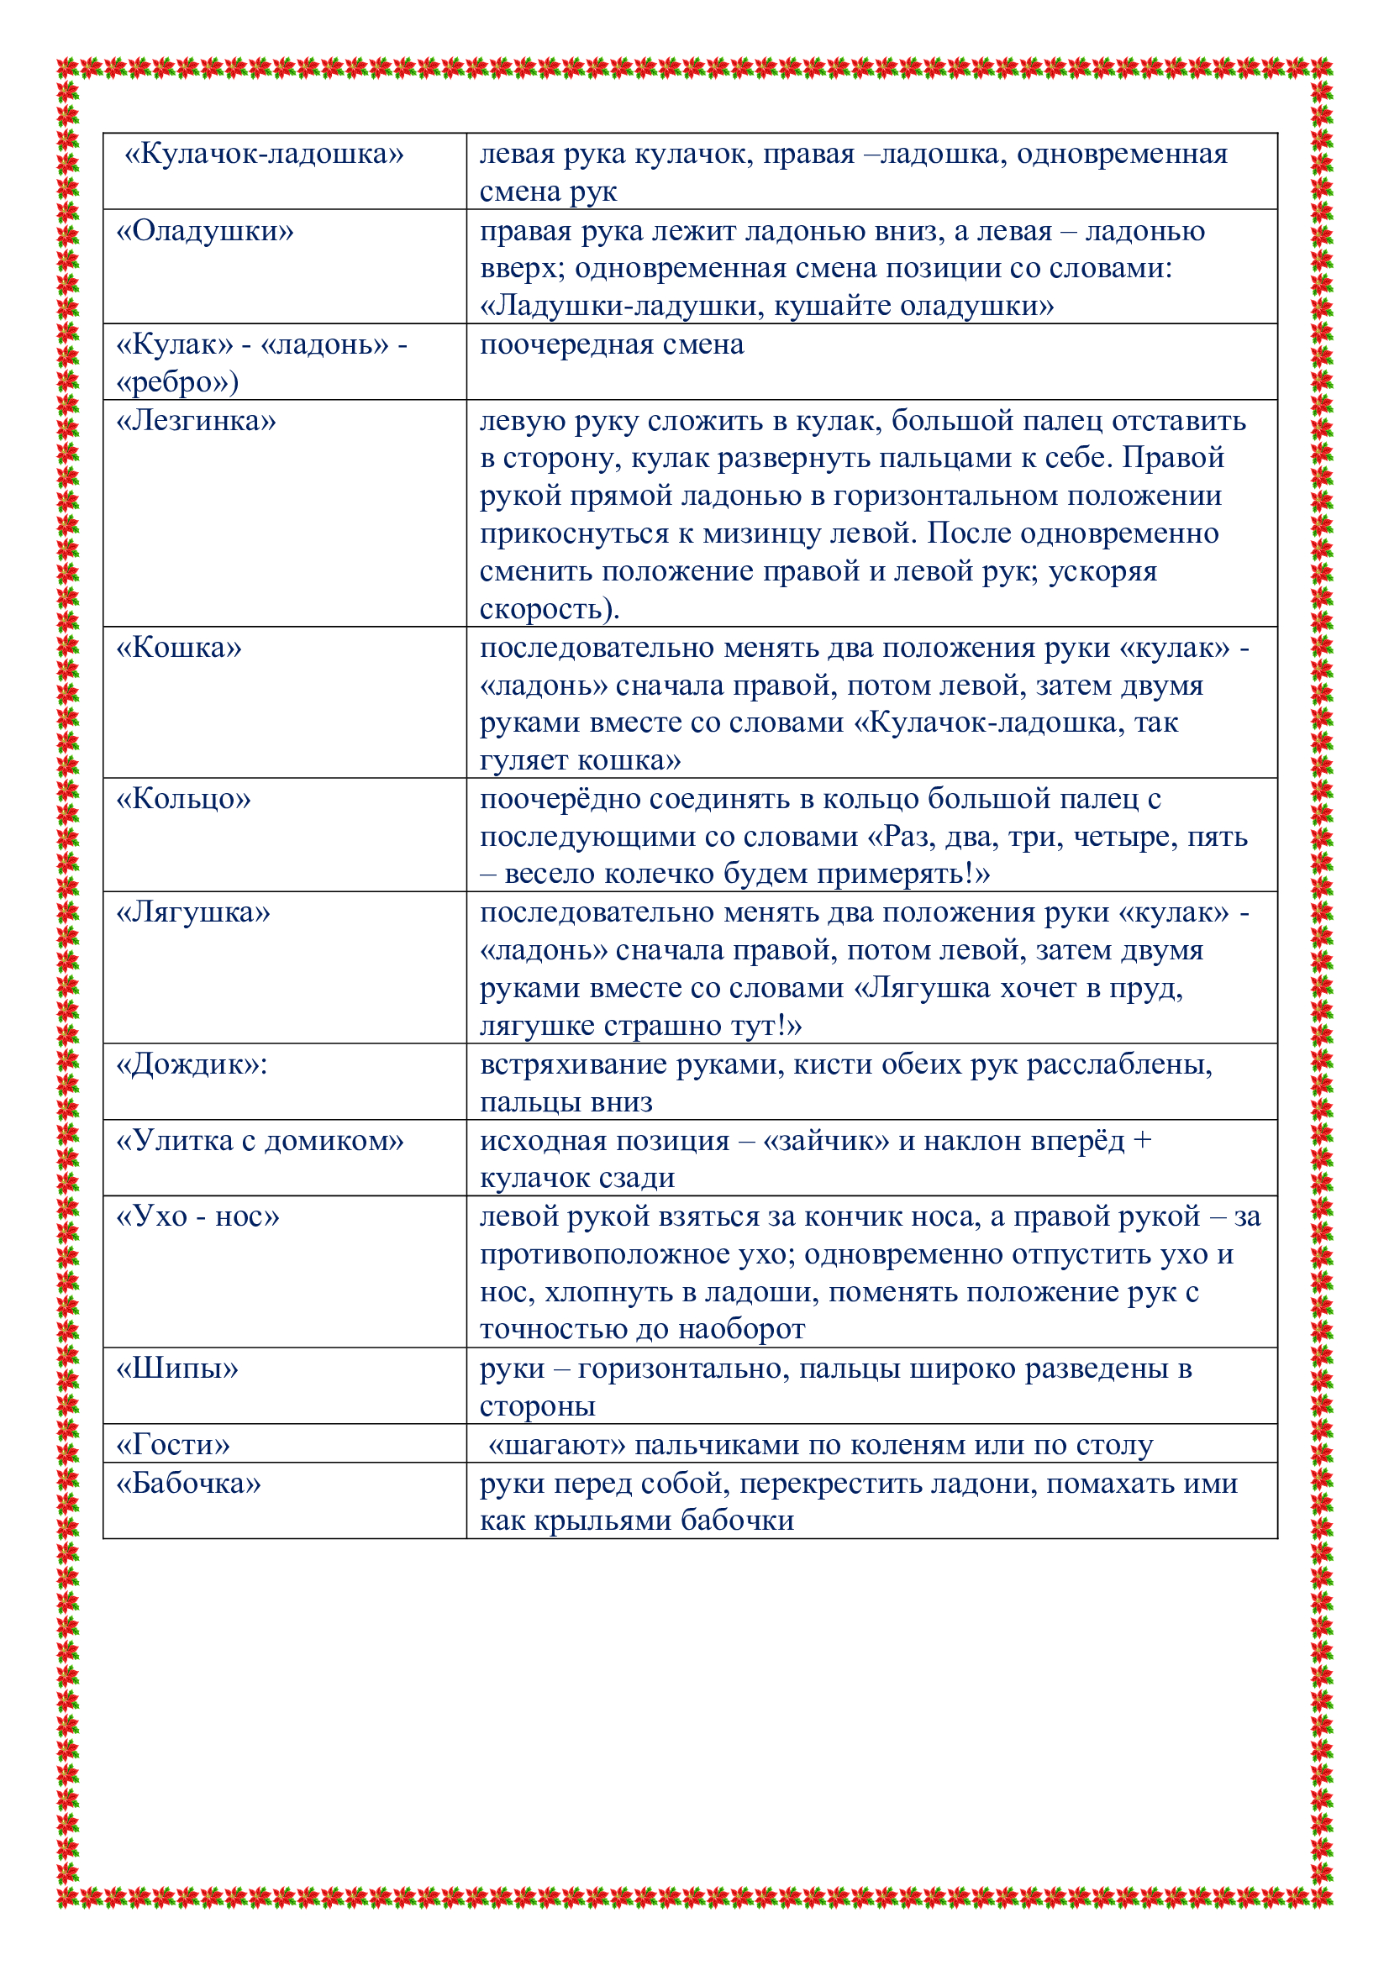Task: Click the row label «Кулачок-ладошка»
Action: (264, 154)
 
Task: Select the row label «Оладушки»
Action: (204, 231)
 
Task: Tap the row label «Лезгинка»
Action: (196, 421)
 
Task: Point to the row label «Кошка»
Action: (179, 648)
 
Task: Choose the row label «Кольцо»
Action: (183, 799)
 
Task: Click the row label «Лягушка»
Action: (192, 912)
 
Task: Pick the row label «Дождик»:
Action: (192, 1064)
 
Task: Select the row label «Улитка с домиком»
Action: (260, 1141)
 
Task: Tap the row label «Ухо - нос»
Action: (197, 1217)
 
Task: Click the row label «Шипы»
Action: (177, 1369)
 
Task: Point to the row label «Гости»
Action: (173, 1445)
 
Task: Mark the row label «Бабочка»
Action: (188, 1483)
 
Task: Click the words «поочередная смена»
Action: (611, 345)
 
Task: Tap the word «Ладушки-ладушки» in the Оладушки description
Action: (622, 307)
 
